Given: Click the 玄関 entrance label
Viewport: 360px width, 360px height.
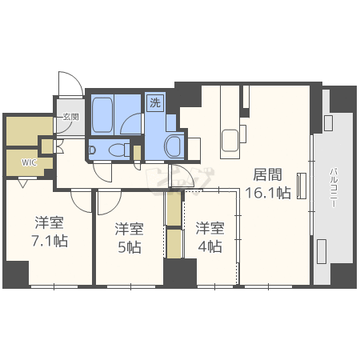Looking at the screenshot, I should click(70, 117).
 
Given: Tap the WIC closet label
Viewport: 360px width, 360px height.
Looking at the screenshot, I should click(29, 162).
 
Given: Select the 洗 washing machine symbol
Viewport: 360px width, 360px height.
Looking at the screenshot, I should click(155, 102).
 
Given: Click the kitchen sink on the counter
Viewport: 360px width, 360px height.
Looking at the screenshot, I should click(229, 138).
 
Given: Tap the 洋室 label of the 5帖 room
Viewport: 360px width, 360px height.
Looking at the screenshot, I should click(129, 227).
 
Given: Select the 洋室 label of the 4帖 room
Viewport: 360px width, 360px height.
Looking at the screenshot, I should click(209, 227).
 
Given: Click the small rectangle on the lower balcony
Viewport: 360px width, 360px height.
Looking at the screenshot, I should click(321, 251).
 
